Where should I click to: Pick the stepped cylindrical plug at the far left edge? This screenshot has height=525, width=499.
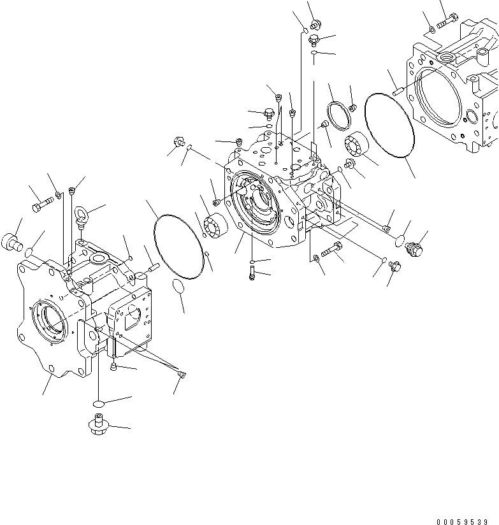coord(15,241)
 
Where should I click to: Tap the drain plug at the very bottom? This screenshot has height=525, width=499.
coord(96,424)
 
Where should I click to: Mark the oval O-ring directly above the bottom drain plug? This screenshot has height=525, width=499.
coord(98,403)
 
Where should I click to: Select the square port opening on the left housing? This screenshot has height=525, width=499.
coord(135,315)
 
